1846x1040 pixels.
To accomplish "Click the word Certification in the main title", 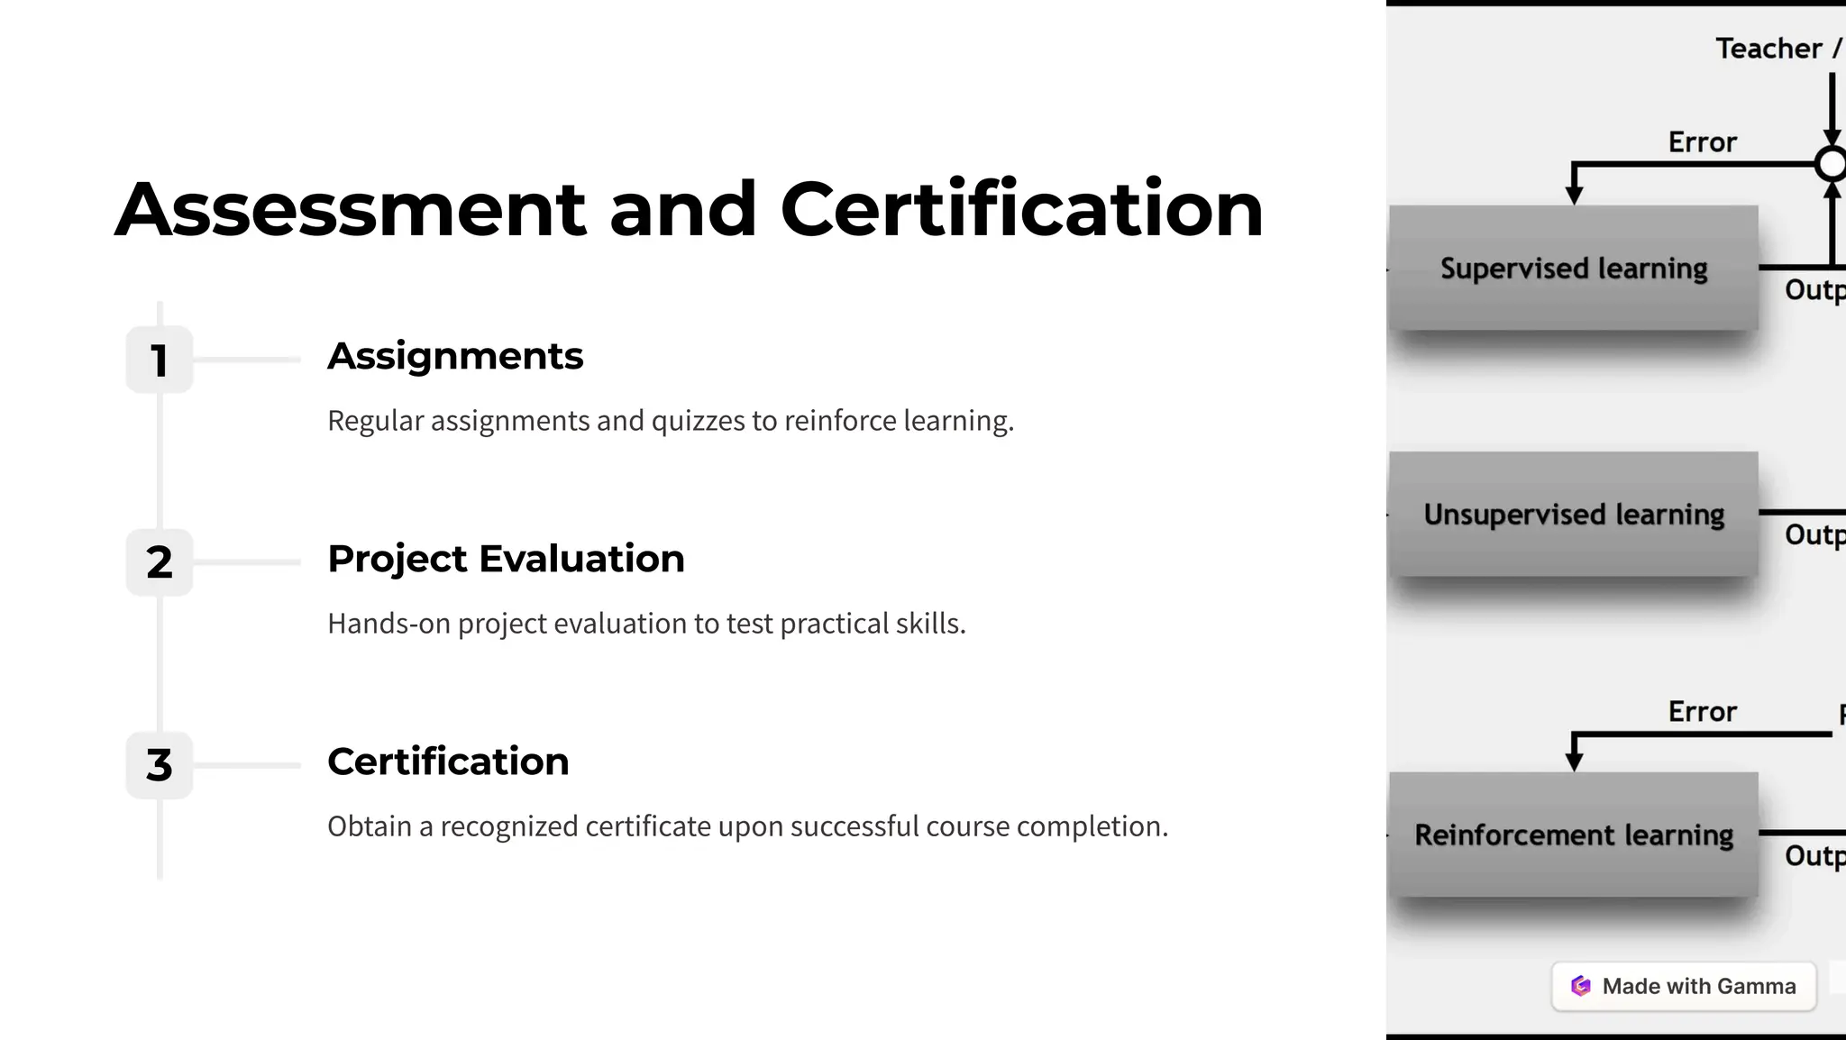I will click(1021, 209).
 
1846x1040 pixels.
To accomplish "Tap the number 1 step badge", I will click(160, 360).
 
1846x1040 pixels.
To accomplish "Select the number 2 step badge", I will click(160, 562).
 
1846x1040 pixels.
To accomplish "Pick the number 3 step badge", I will click(160, 765).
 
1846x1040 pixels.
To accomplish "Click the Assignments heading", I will click(455, 356).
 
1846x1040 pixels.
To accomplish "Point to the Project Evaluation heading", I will click(506, 559).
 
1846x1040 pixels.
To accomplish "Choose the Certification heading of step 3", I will click(448, 762).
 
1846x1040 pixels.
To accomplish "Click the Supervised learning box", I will click(1573, 269).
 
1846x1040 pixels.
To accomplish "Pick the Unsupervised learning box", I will click(1573, 515).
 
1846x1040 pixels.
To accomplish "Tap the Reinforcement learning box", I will click(1573, 835).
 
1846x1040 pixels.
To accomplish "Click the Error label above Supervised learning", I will click(1702, 142).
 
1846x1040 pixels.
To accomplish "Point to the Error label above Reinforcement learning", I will click(1702, 712).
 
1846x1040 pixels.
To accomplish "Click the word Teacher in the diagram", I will click(1768, 49).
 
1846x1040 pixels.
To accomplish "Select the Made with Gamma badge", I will click(1683, 986).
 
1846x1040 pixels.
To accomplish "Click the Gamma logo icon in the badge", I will click(1581, 986).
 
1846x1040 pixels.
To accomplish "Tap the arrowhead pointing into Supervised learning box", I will click(1574, 195).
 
